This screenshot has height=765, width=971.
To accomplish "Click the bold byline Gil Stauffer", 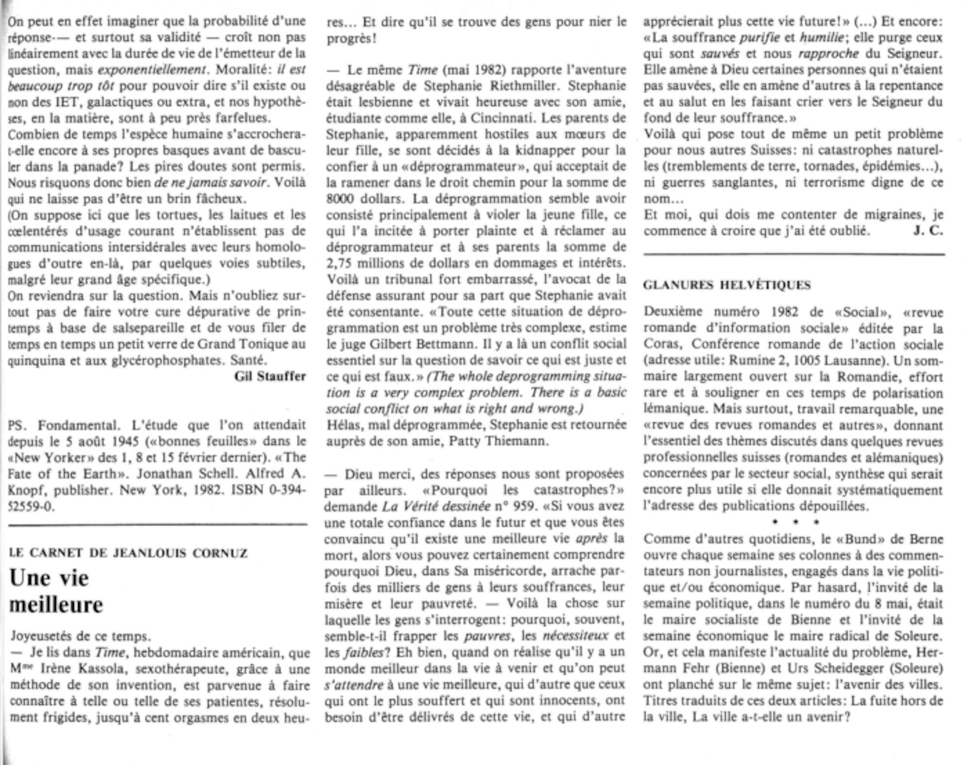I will point(270,376).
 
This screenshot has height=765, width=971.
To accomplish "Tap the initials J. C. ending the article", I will point(928,231).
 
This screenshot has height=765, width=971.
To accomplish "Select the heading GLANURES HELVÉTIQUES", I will point(727,285).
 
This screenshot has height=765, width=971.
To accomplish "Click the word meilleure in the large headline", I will point(56,605).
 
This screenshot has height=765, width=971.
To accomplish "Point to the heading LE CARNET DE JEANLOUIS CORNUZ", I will point(128,553).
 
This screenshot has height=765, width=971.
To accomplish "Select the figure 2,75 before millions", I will point(340,263).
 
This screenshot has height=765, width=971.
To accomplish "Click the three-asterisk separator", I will point(795,522).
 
